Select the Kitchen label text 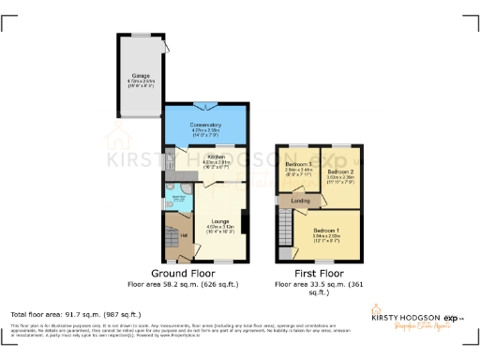216,157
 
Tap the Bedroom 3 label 297,165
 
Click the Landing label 301,200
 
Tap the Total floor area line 75,315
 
